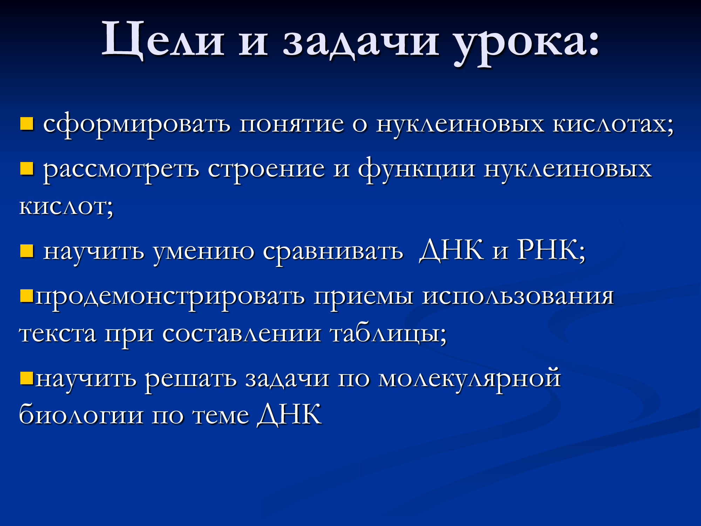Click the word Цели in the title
[163, 39]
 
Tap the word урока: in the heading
[527, 43]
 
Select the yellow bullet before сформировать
[27, 124]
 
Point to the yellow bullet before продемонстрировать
[27, 296]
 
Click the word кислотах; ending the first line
[613, 124]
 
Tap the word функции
[417, 169]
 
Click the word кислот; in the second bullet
[66, 207]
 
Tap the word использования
[518, 297]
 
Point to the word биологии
[81, 414]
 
